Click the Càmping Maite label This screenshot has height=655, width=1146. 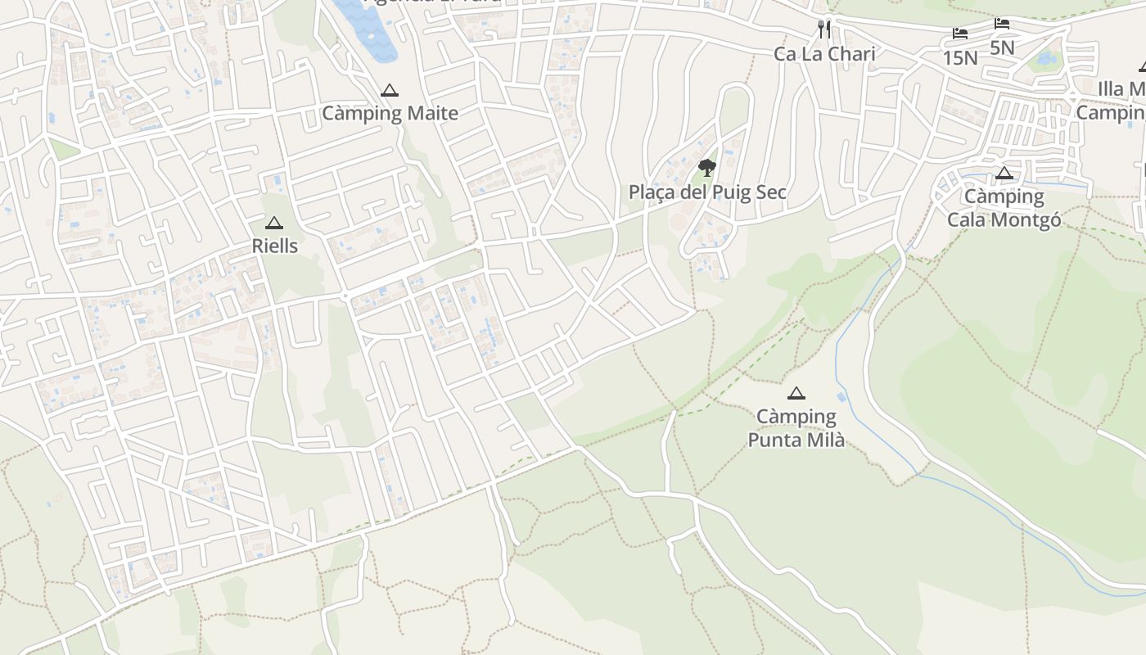coord(390,113)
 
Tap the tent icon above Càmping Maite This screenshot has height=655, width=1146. coord(390,90)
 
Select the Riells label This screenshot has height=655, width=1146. coord(275,246)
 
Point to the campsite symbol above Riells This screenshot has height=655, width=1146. coord(274,223)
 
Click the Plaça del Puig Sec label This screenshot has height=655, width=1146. coord(707,192)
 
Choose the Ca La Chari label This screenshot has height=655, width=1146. coord(824,54)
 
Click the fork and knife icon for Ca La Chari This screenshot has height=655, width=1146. coord(824,29)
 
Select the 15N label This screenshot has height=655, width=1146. coord(960,57)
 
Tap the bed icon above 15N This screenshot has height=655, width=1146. coord(960,34)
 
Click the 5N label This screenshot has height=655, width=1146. coord(1002,47)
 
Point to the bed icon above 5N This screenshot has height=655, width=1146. coord(1002,24)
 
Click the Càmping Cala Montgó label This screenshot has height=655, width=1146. coord(1004,208)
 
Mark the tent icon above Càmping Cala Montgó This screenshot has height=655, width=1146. coord(1004,173)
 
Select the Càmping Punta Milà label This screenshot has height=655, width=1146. coord(796,428)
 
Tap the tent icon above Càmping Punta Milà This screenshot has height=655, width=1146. coord(796,394)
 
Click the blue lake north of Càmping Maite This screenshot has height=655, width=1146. coord(368,29)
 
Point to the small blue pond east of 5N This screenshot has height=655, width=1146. coord(1045,59)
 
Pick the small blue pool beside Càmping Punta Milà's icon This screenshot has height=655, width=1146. coord(842,397)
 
